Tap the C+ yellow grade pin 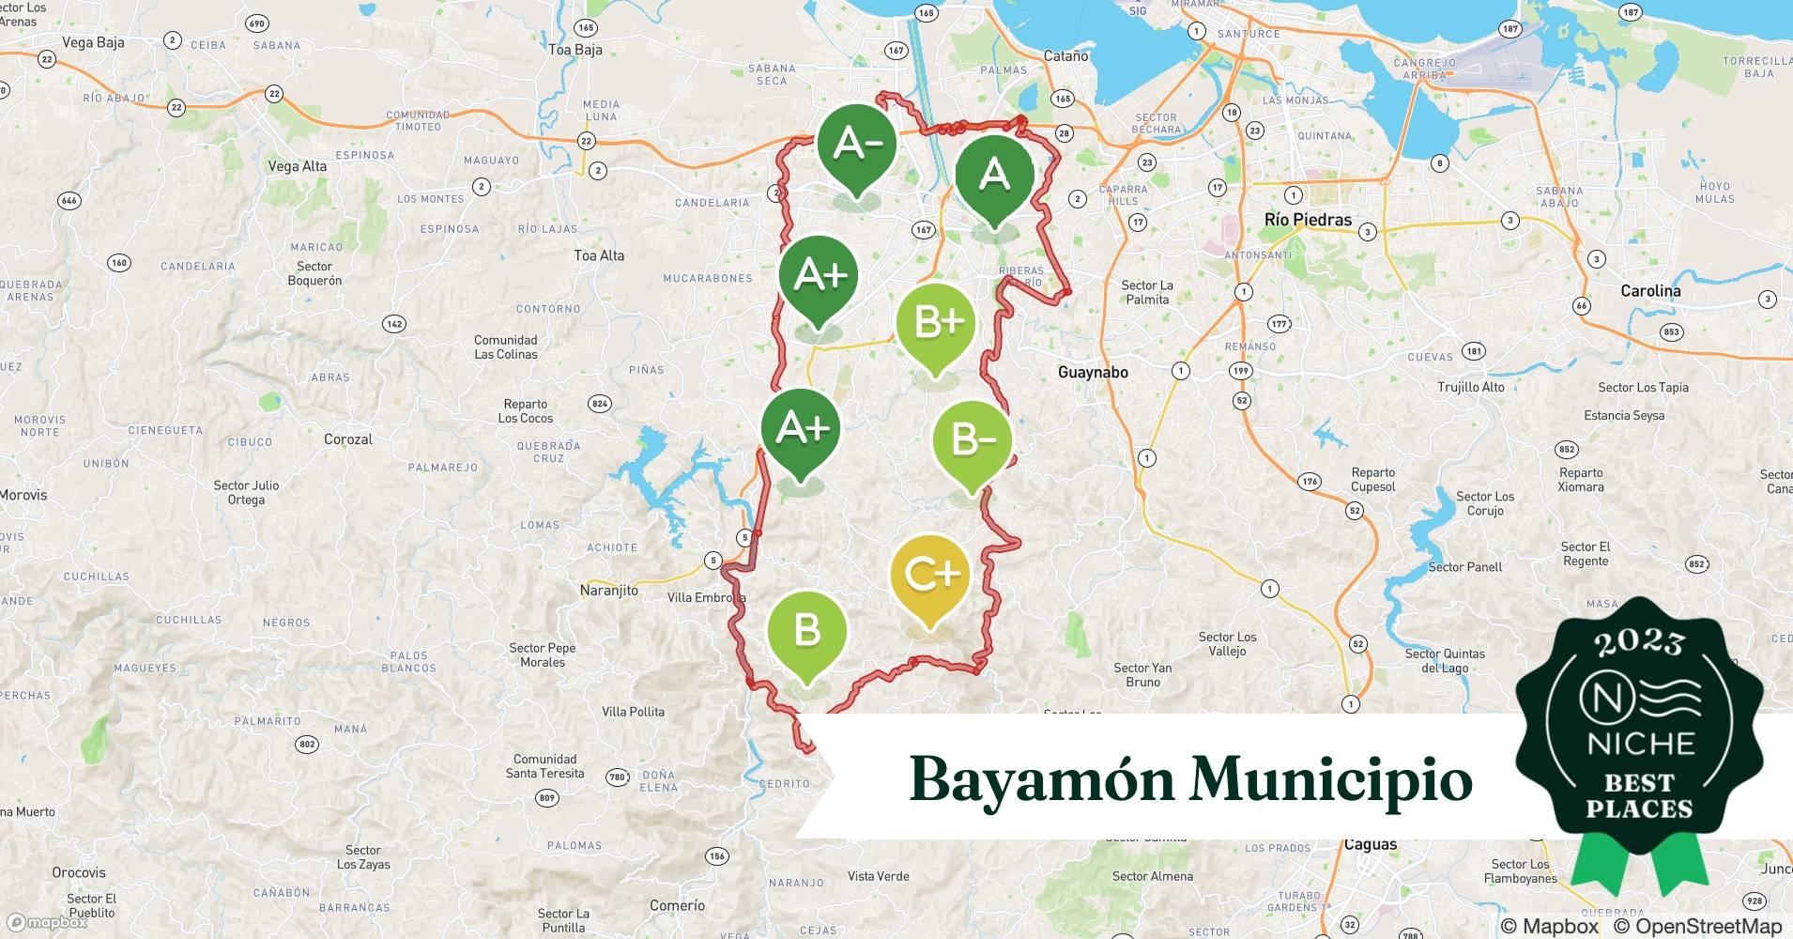[x=929, y=574]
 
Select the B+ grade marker [x=935, y=323]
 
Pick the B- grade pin [x=972, y=439]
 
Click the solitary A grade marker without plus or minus [x=994, y=175]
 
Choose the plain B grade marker [x=806, y=630]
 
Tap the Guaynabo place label [x=1093, y=373]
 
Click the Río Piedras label [x=1308, y=220]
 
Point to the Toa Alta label [x=599, y=255]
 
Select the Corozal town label [x=348, y=439]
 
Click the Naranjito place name [x=608, y=591]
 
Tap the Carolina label [x=1650, y=291]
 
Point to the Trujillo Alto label [x=1470, y=387]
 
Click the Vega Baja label [x=93, y=42]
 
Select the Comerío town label [x=677, y=905]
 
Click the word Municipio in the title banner [x=1330, y=779]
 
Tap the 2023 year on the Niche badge [x=1639, y=643]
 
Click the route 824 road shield [x=599, y=404]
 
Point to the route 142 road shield [x=394, y=324]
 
